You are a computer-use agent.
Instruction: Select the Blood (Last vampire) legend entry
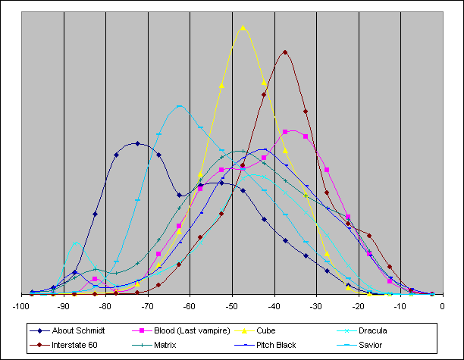pos(180,331)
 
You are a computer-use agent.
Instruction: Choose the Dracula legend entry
pos(381,331)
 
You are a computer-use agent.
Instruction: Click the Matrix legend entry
pos(165,345)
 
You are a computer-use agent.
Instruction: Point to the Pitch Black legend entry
pos(276,345)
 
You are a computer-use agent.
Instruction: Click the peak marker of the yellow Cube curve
pos(243,27)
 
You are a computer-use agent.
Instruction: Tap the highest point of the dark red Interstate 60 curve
pos(285,52)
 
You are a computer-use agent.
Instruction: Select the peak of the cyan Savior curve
pos(180,106)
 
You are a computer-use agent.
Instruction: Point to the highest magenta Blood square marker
pos(285,132)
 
